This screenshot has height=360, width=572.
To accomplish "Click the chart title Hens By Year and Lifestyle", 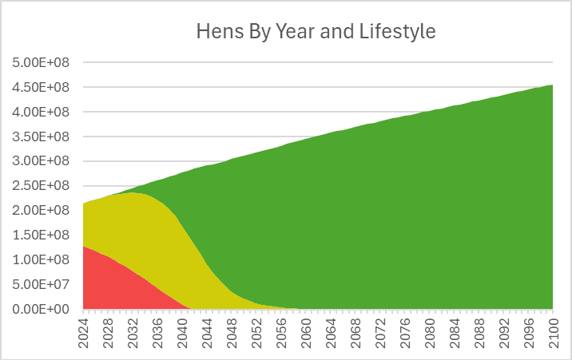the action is [x=316, y=31].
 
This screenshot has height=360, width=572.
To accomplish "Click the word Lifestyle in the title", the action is [x=397, y=31].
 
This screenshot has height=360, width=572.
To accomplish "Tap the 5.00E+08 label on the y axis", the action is [x=41, y=63].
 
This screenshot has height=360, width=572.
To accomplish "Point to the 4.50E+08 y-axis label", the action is [x=41, y=88].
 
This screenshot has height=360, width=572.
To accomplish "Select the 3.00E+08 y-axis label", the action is [x=41, y=161].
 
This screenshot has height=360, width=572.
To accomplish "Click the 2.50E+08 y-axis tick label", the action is [x=41, y=186].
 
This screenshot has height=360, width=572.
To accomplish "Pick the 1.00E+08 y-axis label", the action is [x=41, y=259].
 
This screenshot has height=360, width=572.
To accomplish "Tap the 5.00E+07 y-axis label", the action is [x=41, y=285].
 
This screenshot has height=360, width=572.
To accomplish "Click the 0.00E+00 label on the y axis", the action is [x=41, y=310].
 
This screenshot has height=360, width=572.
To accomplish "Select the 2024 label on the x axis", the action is [x=84, y=333].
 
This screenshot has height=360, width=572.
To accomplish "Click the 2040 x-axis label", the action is [x=182, y=333].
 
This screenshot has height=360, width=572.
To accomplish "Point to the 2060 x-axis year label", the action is [x=306, y=333].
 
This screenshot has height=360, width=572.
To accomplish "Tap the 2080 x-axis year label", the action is [x=430, y=333].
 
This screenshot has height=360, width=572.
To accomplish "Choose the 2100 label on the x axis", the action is [x=553, y=333].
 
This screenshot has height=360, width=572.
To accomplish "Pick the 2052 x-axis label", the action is [x=256, y=333].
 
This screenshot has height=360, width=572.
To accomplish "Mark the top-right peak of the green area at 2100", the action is [x=553, y=85].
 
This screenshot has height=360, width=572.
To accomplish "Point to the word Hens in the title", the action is [x=220, y=31].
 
